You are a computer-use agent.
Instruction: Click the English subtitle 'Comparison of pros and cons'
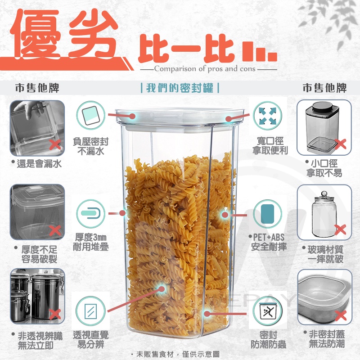coord(205,69)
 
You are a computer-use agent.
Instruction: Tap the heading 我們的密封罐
coord(180,88)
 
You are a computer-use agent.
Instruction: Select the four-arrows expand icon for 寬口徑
coord(267,116)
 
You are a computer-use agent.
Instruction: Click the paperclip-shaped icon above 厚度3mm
coord(91,214)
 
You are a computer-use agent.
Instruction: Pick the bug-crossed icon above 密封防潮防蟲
coord(267,311)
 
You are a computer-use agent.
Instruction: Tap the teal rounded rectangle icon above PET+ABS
coord(267,214)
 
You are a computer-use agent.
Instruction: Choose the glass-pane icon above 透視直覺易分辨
coord(91,311)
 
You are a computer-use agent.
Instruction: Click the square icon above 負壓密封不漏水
coord(91,116)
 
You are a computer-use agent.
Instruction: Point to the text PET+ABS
coord(269,238)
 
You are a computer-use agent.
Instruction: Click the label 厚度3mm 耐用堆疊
coord(91,242)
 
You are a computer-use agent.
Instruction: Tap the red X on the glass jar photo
coord(340,229)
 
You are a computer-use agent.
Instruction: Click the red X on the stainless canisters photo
coord(55,314)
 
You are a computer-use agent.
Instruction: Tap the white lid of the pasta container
coord(180,119)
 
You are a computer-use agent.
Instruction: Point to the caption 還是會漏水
coord(39,164)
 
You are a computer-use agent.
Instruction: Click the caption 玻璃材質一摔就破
coord(325,254)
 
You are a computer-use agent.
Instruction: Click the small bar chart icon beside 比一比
coord(260,52)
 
